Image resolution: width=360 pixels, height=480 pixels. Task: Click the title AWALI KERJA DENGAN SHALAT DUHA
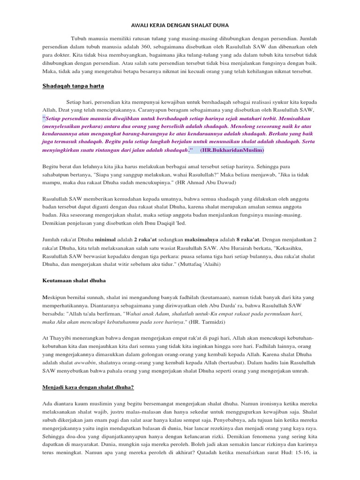pyautogui.click(x=180, y=26)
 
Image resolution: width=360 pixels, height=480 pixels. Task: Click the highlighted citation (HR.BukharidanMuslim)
pyautogui.click(x=232, y=150)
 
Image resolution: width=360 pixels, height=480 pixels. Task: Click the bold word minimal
pyautogui.click(x=108, y=240)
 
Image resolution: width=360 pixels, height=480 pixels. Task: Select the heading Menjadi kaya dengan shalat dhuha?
pyautogui.click(x=89, y=388)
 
